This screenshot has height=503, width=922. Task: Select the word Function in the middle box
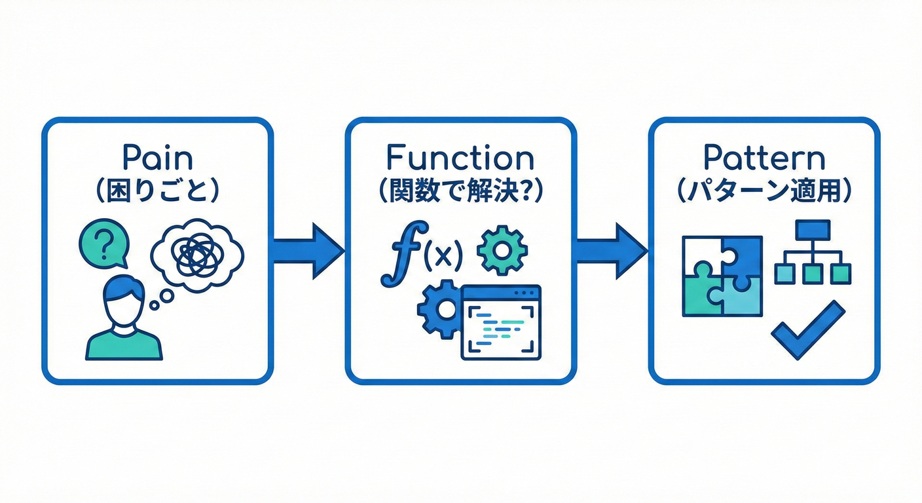[x=460, y=159]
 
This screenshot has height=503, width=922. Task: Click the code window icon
[x=501, y=322]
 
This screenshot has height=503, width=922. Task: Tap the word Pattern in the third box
[x=764, y=159]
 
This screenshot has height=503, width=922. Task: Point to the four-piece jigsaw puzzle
[x=722, y=276]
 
